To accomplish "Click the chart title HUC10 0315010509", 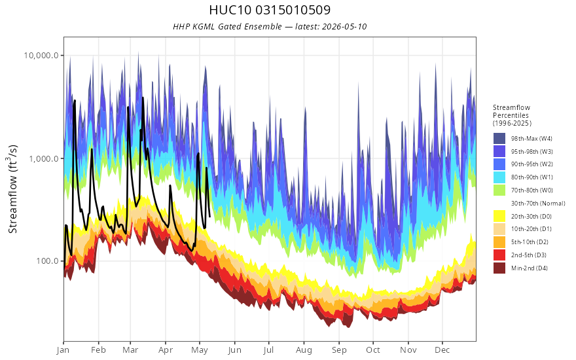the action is pos(270,10).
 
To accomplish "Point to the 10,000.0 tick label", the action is pos(41,56).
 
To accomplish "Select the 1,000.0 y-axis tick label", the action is pos(44,158).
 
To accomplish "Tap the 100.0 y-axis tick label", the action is pos(47,261).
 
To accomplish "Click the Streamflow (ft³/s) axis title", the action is pos(12,189).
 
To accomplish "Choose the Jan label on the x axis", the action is pos(63,350).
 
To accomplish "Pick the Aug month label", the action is pos(304,350).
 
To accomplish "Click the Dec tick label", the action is pos(442,350).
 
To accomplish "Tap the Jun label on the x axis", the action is pos(234,350).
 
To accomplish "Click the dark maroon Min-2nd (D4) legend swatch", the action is pos(499,268).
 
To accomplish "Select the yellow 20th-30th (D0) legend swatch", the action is pos(499,216).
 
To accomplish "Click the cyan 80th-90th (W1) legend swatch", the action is pos(499,177).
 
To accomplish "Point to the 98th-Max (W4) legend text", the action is pos(531,139).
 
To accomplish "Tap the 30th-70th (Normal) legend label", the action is pos(538,203).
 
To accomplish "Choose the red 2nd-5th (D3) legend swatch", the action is pos(499,255).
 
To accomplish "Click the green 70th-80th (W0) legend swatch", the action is pos(499,190).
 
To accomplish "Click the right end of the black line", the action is pos(209,217).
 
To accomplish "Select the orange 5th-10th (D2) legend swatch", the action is pos(499,242).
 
